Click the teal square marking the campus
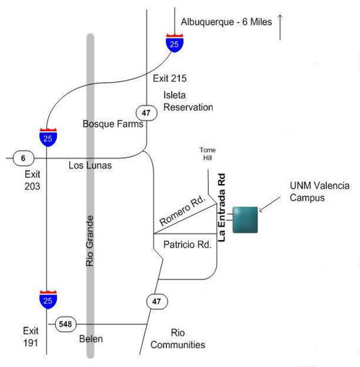(x=245, y=220)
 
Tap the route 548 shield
(x=66, y=324)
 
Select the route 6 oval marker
(x=24, y=158)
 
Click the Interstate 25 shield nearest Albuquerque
(x=175, y=43)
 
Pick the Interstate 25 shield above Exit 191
(x=48, y=300)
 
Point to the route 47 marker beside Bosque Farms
(x=147, y=113)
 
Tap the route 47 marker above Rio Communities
(x=157, y=301)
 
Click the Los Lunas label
(x=90, y=166)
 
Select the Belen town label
(x=91, y=339)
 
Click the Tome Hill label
(x=208, y=154)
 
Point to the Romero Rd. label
(x=182, y=211)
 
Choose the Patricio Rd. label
(x=187, y=245)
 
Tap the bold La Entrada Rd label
(x=221, y=208)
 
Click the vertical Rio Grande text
(x=90, y=241)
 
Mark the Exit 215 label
(x=170, y=79)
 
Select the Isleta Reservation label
(x=188, y=101)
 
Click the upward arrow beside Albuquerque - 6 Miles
(x=280, y=27)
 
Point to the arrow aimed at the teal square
(x=270, y=204)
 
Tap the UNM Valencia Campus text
(x=320, y=192)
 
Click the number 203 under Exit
(x=33, y=187)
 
